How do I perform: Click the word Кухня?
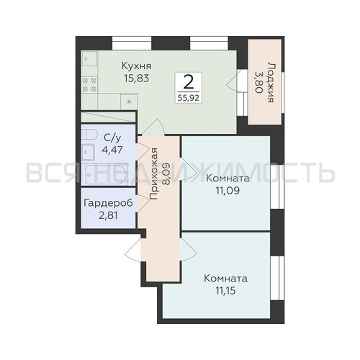pyautogui.click(x=137, y=66)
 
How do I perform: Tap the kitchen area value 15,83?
pyautogui.click(x=137, y=78)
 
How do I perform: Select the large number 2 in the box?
pyautogui.click(x=189, y=81)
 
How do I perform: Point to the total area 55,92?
pyautogui.click(x=189, y=98)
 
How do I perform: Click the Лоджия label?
pyautogui.click(x=271, y=83)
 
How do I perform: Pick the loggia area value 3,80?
pyautogui.click(x=257, y=83)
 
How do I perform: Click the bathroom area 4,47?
pyautogui.click(x=112, y=150)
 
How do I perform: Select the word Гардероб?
pyautogui.click(x=108, y=203)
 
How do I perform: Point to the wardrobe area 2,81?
pyautogui.click(x=108, y=215)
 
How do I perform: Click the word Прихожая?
pyautogui.click(x=153, y=174)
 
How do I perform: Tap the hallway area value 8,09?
pyautogui.click(x=166, y=174)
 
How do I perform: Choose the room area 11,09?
pyautogui.click(x=228, y=191)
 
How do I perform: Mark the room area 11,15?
pyautogui.click(x=226, y=291)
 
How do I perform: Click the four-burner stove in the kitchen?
pyautogui.click(x=89, y=85)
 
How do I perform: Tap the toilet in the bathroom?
pyautogui.click(x=89, y=134)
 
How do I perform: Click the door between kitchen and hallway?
pyautogui.click(x=153, y=127)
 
